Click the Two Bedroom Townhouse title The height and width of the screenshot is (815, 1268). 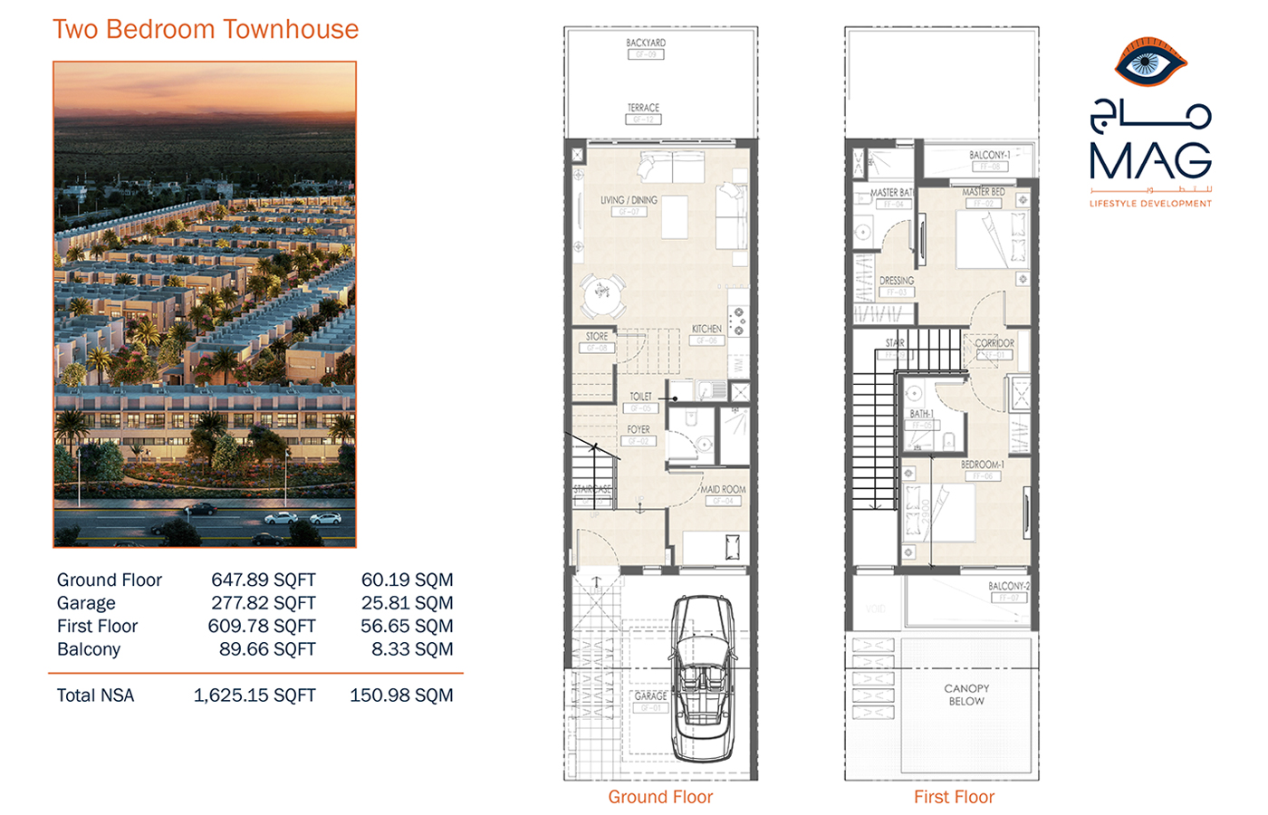pos(206,30)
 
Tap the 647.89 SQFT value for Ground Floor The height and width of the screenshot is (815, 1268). pos(263,580)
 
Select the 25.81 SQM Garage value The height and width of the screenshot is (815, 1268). pos(407,603)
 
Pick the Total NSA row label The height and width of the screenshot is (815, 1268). pos(95,695)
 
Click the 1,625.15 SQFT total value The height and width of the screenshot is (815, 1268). pos(255,695)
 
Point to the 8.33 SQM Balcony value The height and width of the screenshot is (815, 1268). pos(412,649)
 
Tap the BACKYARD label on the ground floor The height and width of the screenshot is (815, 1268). pos(646,43)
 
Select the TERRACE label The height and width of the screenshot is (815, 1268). pos(643,108)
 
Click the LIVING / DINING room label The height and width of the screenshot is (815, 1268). pos(629,200)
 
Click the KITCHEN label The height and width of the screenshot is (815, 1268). pos(706,329)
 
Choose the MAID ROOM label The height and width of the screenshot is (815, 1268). pos(723,489)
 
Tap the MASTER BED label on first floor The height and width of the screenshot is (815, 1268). pos(983,192)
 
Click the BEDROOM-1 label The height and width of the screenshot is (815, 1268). pos(982,465)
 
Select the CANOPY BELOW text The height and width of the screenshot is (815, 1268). pos(966,695)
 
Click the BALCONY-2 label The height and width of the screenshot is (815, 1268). pos(1008,586)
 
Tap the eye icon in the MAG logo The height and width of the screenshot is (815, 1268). pos(1150,63)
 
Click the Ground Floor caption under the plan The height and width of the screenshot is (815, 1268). pos(660,797)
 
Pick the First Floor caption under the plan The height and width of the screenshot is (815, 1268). pos(954,797)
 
